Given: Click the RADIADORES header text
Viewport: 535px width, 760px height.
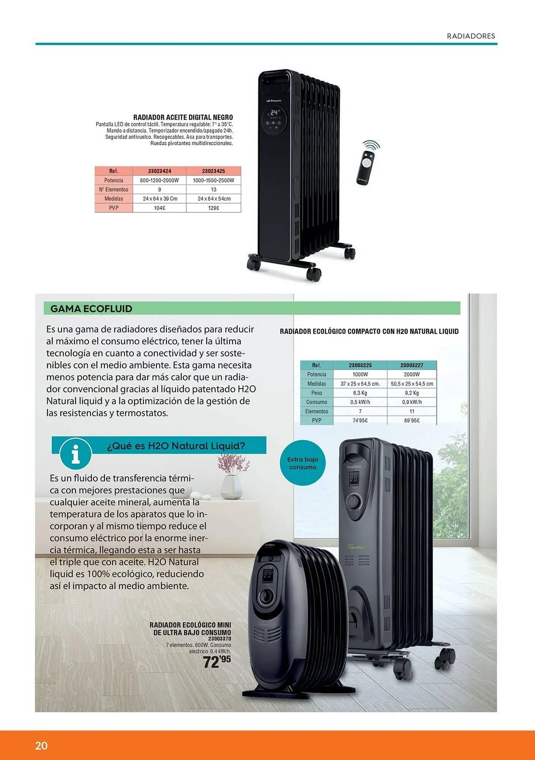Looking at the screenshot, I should [471, 36].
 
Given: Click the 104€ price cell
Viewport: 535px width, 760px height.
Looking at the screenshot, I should [160, 208].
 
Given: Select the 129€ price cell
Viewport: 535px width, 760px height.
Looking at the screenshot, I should [214, 208].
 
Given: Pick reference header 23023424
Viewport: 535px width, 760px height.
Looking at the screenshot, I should [160, 171].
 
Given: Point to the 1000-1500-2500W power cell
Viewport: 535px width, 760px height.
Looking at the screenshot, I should [214, 180].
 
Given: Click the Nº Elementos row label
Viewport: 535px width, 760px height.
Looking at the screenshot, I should [114, 190].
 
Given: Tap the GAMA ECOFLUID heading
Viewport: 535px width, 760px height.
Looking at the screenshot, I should [91, 309].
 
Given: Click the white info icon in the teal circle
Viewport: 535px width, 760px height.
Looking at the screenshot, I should [76, 454].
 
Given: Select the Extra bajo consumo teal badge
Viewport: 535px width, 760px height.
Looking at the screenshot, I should [302, 463].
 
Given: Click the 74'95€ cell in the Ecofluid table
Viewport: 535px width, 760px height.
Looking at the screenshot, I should [360, 421].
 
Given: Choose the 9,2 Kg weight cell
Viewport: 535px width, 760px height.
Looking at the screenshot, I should [412, 393].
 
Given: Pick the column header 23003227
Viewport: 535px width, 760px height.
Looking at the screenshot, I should [412, 365].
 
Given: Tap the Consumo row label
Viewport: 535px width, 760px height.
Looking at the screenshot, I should [317, 402].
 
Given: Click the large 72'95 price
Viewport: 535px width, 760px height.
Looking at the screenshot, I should [217, 662].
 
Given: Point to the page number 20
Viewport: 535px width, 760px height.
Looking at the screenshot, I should [41, 746].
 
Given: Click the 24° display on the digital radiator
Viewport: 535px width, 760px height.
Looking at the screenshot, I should [274, 112].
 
